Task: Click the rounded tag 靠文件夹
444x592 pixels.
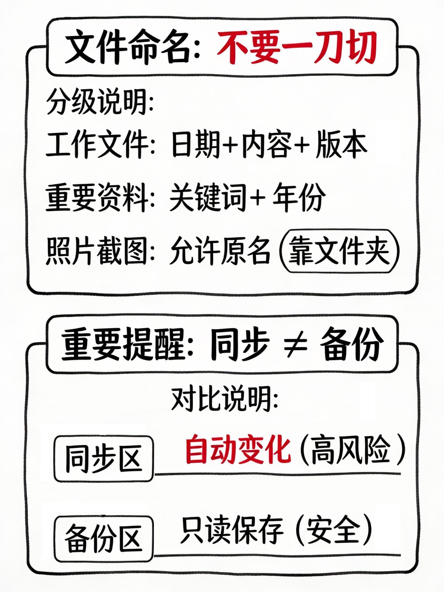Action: coord(339,251)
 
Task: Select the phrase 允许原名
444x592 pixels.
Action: coord(219,251)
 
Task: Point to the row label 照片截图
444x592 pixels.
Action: coord(96,251)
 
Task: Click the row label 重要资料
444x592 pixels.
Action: coord(96,198)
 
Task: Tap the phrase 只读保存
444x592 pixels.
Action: coord(232,527)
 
